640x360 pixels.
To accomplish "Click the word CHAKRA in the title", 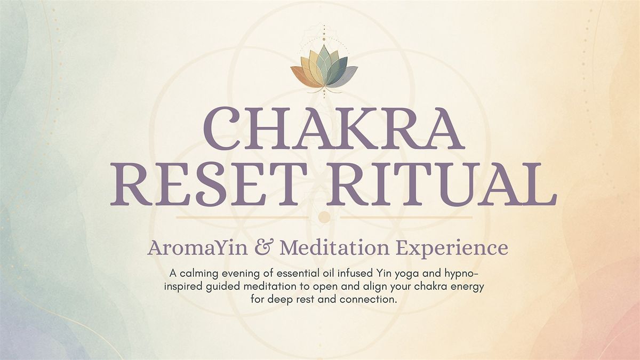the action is pyautogui.click(x=333, y=129).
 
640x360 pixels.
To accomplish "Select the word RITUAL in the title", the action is pyautogui.click(x=442, y=185).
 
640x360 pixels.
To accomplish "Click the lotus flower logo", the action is pyautogui.click(x=324, y=69).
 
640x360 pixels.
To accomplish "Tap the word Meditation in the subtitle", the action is pyautogui.click(x=334, y=248).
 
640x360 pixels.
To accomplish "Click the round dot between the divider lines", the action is pyautogui.click(x=324, y=217).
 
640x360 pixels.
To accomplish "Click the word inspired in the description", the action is pyautogui.click(x=184, y=287).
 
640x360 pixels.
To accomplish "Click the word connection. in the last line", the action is pyautogui.click(x=369, y=300).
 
